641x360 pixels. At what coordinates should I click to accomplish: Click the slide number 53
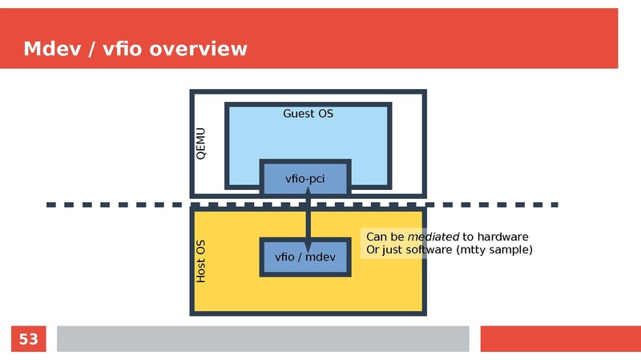click(x=28, y=339)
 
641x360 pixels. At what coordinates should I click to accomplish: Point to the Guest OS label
click(x=308, y=114)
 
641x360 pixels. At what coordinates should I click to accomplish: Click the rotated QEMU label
click(x=201, y=144)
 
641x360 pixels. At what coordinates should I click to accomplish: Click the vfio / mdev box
click(x=305, y=257)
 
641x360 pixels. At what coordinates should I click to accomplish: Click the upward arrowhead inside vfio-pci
click(x=308, y=192)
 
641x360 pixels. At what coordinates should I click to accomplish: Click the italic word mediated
click(x=433, y=237)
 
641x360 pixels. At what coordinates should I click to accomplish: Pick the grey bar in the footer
click(x=262, y=339)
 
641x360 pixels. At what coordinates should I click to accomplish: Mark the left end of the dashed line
click(x=50, y=205)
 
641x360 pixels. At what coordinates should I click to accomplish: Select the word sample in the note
click(x=510, y=250)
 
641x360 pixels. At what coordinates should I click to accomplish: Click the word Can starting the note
click(x=376, y=237)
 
